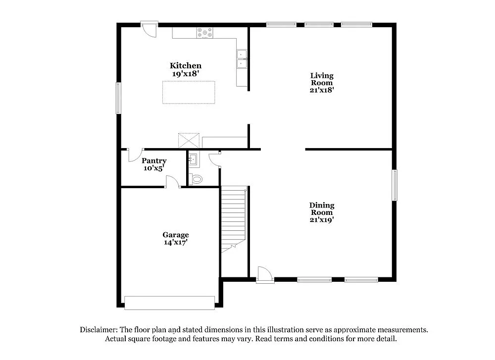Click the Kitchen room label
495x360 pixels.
pyautogui.click(x=186, y=65)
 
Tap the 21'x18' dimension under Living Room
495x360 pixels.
pyautogui.click(x=322, y=90)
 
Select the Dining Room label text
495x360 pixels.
pyautogui.click(x=322, y=208)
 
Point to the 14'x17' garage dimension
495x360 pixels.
pyautogui.click(x=176, y=243)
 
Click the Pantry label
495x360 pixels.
pyautogui.click(x=154, y=161)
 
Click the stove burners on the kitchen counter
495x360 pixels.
pyautogui.click(x=205, y=33)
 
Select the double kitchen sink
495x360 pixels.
pyautogui.click(x=242, y=59)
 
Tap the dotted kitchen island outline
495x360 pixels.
pyautogui.click(x=189, y=92)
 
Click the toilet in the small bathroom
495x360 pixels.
pyautogui.click(x=197, y=179)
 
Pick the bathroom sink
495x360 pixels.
pyautogui.click(x=193, y=159)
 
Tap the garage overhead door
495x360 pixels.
pyautogui.click(x=169, y=303)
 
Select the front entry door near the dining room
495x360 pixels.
pyautogui.click(x=265, y=275)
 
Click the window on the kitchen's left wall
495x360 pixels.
pyautogui.click(x=118, y=98)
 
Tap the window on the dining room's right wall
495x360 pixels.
pyautogui.click(x=395, y=185)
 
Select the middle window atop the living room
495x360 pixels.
pyautogui.click(x=319, y=24)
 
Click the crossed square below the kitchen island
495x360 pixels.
pyautogui.click(x=189, y=140)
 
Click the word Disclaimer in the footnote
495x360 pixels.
pyautogui.click(x=98, y=329)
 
